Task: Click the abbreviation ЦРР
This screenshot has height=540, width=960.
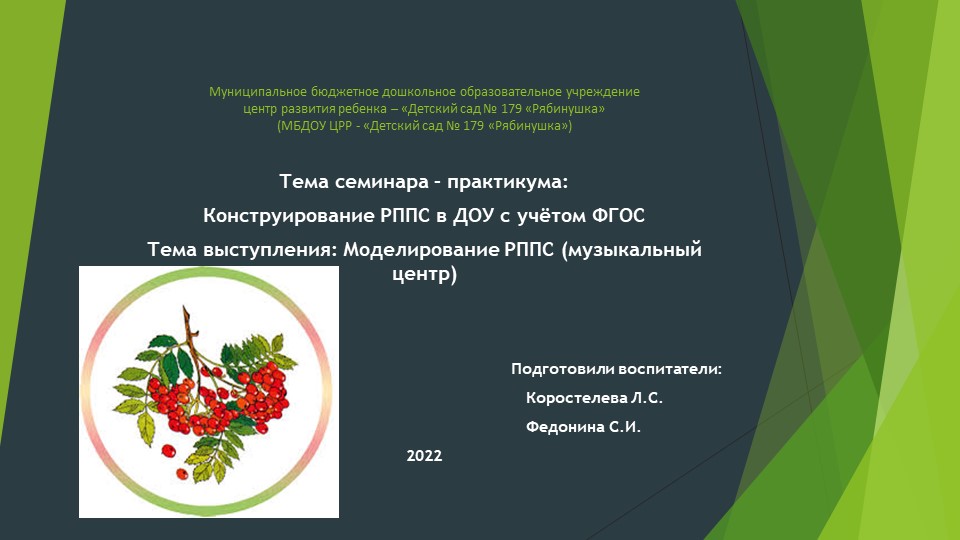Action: coord(346,126)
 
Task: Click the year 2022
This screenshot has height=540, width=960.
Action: coord(424,456)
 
